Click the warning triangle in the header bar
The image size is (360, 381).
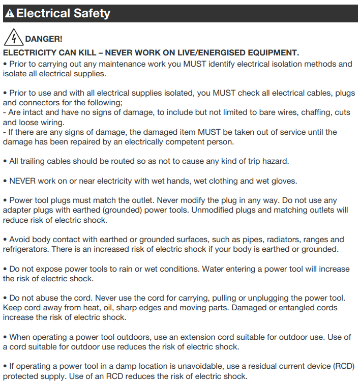(10, 14)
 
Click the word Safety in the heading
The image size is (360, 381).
(92, 13)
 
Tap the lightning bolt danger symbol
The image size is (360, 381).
(13, 38)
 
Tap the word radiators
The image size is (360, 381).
(282, 239)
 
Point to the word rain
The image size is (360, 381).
(127, 269)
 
